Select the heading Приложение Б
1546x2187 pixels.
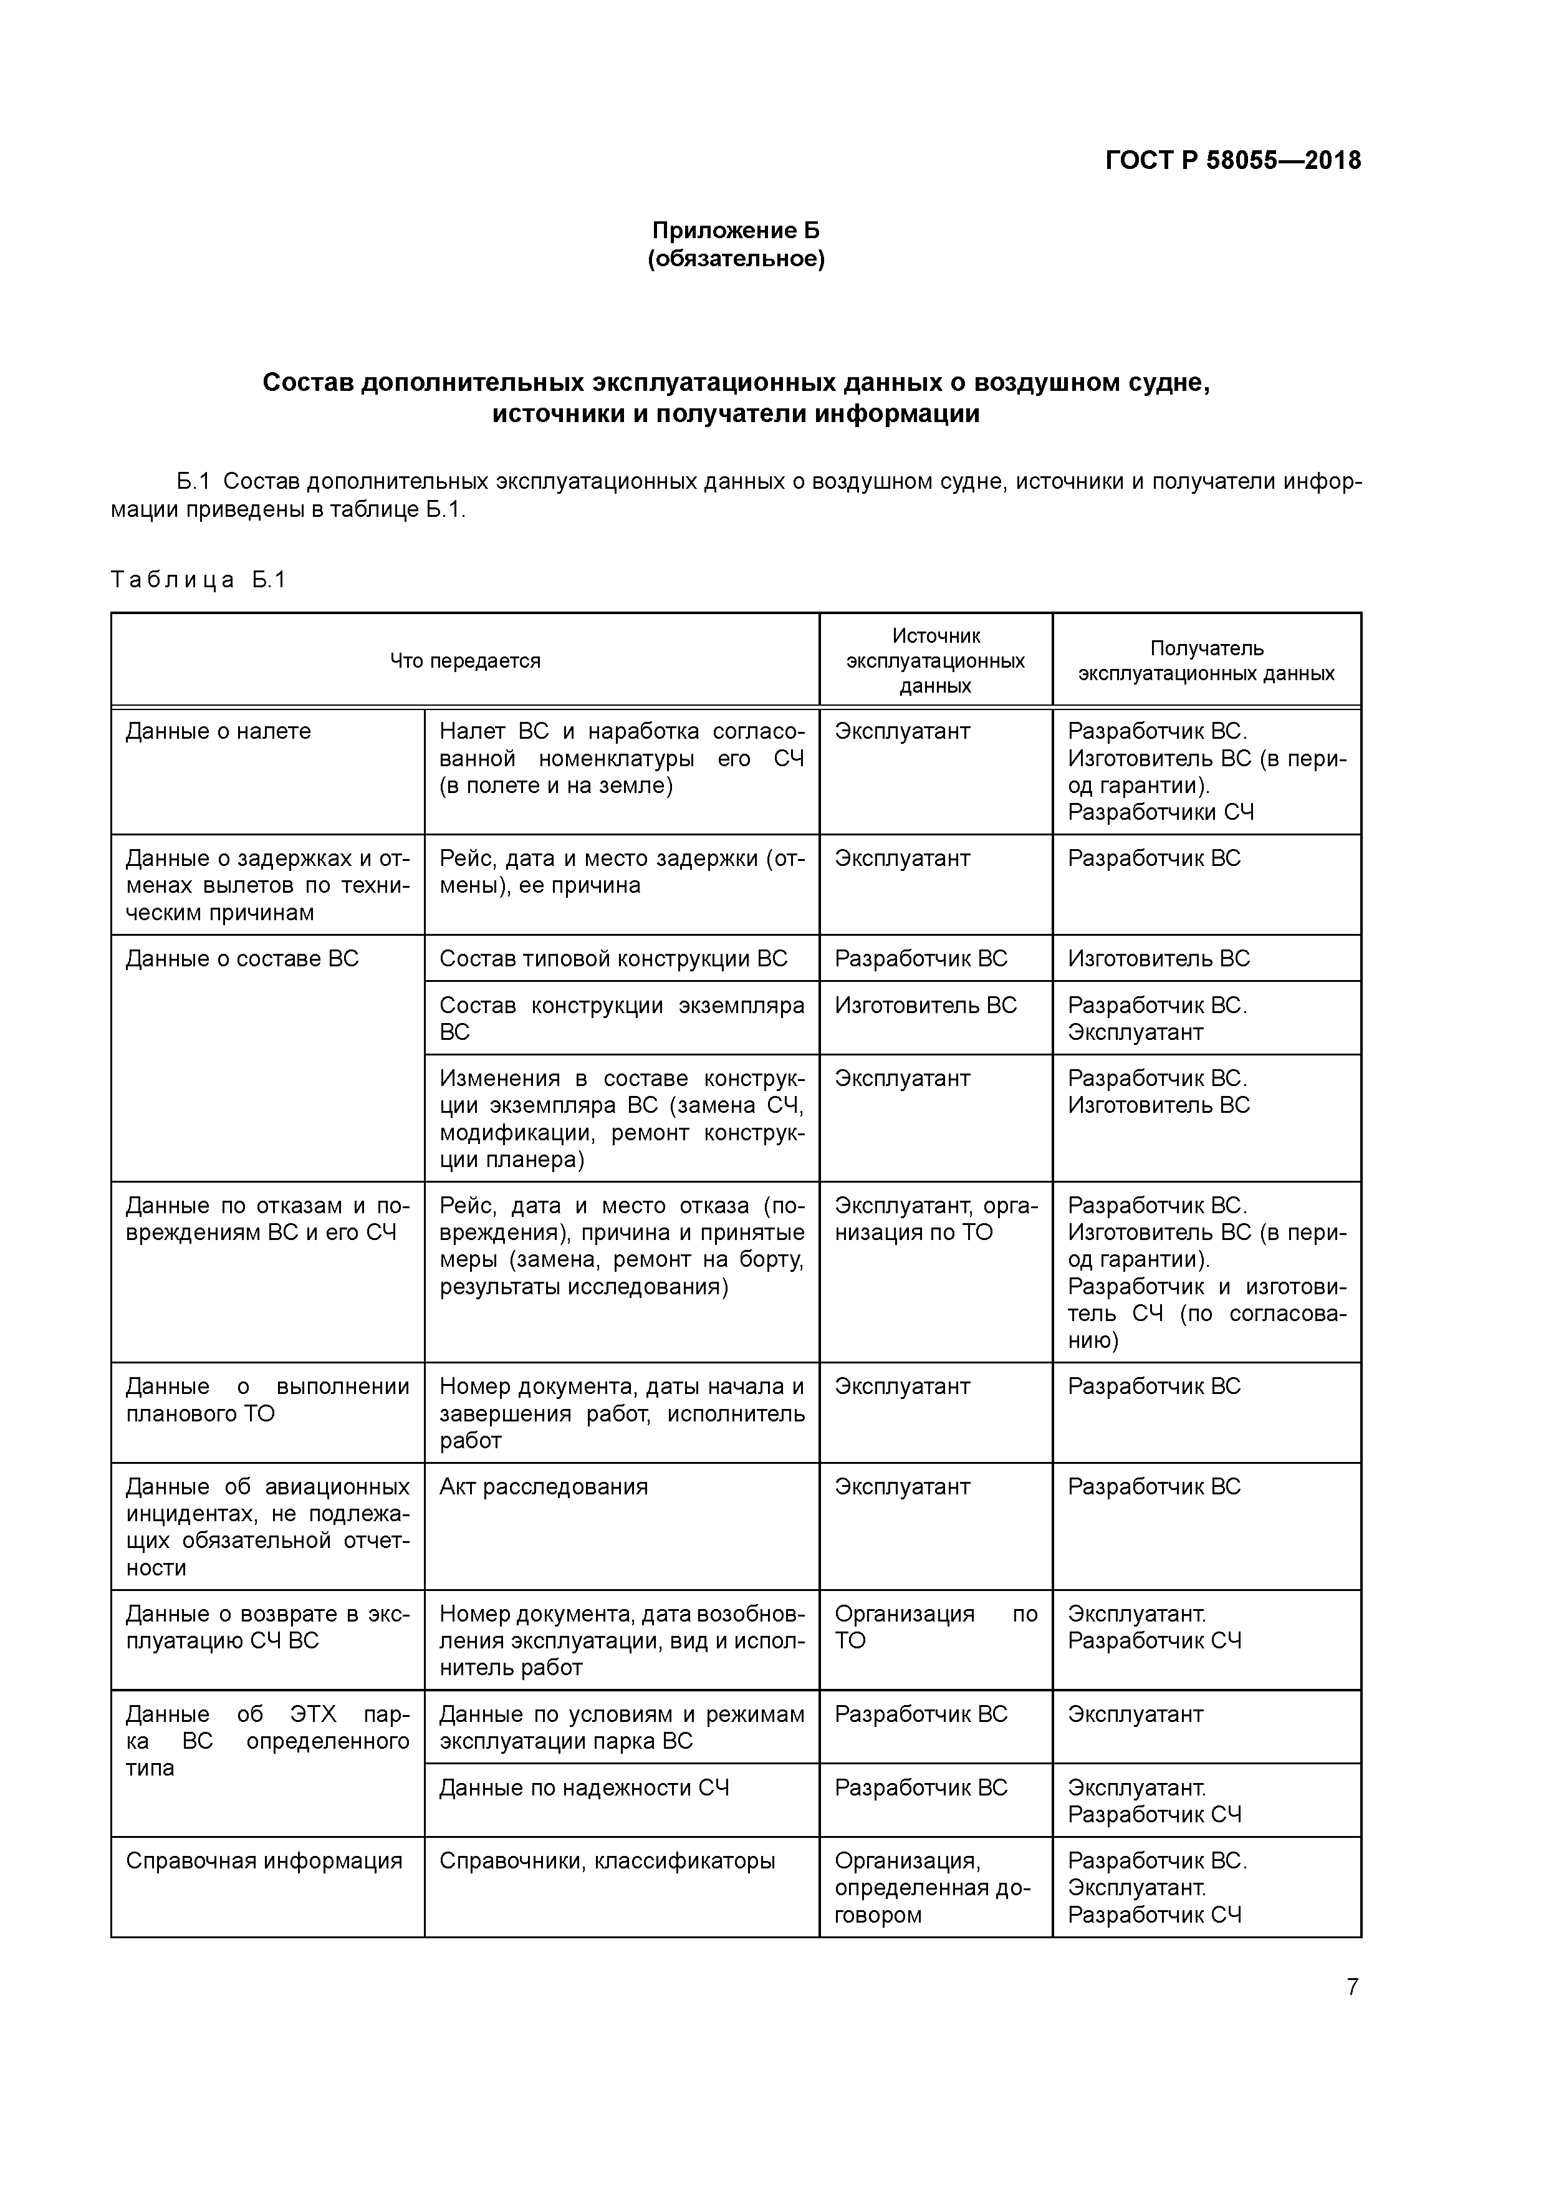(x=736, y=231)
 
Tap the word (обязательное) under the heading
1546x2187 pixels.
(x=736, y=259)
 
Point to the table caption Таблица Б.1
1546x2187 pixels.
(x=198, y=580)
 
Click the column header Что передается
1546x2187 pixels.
(x=465, y=661)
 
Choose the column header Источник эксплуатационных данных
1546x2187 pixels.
(x=936, y=661)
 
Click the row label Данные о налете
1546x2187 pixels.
(x=218, y=731)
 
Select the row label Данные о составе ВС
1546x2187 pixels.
(x=242, y=959)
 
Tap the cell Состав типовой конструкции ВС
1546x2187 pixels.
(x=613, y=959)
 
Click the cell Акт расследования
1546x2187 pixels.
(x=543, y=1488)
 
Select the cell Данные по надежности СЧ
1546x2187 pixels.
(x=584, y=1788)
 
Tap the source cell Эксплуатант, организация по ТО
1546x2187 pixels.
(x=936, y=1219)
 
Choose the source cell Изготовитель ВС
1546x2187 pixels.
(x=925, y=1006)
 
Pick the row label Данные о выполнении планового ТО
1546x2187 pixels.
(x=267, y=1400)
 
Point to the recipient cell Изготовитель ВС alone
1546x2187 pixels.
(x=1158, y=959)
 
